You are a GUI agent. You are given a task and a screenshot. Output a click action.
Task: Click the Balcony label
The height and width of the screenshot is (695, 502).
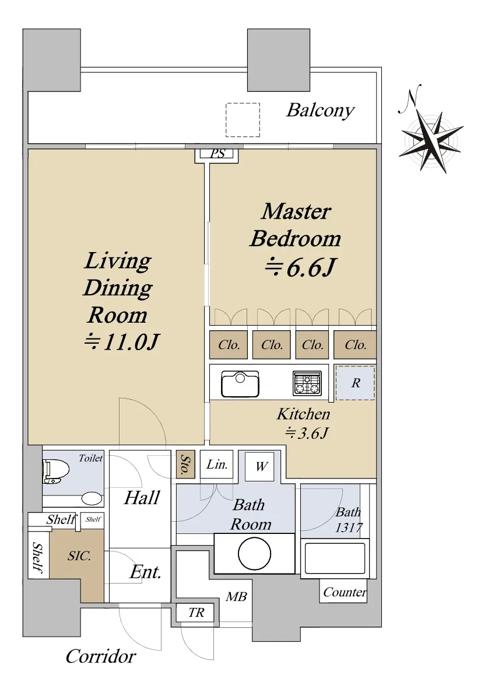click(x=320, y=110)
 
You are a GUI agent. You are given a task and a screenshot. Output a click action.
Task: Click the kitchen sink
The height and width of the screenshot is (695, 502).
click(x=240, y=384)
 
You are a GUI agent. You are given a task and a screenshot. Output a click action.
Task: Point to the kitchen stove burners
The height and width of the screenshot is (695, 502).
click(x=307, y=383)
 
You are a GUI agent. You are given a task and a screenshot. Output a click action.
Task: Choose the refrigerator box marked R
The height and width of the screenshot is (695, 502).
click(x=356, y=383)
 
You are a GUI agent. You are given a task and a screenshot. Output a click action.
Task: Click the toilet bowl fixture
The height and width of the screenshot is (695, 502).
click(x=56, y=471)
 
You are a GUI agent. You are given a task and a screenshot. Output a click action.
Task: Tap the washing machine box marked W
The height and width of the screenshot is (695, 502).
click(x=261, y=466)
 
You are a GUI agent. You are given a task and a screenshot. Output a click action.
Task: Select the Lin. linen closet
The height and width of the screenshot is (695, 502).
click(x=217, y=464)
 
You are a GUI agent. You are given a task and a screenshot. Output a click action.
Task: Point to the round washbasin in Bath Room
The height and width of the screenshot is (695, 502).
click(x=254, y=554)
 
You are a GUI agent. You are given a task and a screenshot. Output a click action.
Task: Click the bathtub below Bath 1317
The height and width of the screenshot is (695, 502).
click(x=335, y=558)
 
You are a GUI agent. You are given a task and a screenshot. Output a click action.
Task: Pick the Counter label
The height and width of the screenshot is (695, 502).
click(x=345, y=592)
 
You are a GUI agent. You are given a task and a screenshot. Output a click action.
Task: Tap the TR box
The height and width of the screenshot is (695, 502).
click(x=196, y=613)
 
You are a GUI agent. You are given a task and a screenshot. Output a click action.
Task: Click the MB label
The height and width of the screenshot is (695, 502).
click(x=236, y=597)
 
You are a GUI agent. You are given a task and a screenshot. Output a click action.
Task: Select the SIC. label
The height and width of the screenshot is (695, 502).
click(x=79, y=556)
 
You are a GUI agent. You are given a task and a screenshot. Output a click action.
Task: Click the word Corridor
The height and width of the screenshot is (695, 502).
click(x=100, y=656)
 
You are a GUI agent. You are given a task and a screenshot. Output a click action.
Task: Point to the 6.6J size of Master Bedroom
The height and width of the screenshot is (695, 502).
click(x=300, y=268)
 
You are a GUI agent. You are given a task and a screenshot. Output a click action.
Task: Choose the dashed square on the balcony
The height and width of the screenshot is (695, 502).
click(x=243, y=120)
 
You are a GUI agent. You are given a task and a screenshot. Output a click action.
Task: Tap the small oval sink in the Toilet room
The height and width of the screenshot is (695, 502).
click(x=92, y=498)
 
